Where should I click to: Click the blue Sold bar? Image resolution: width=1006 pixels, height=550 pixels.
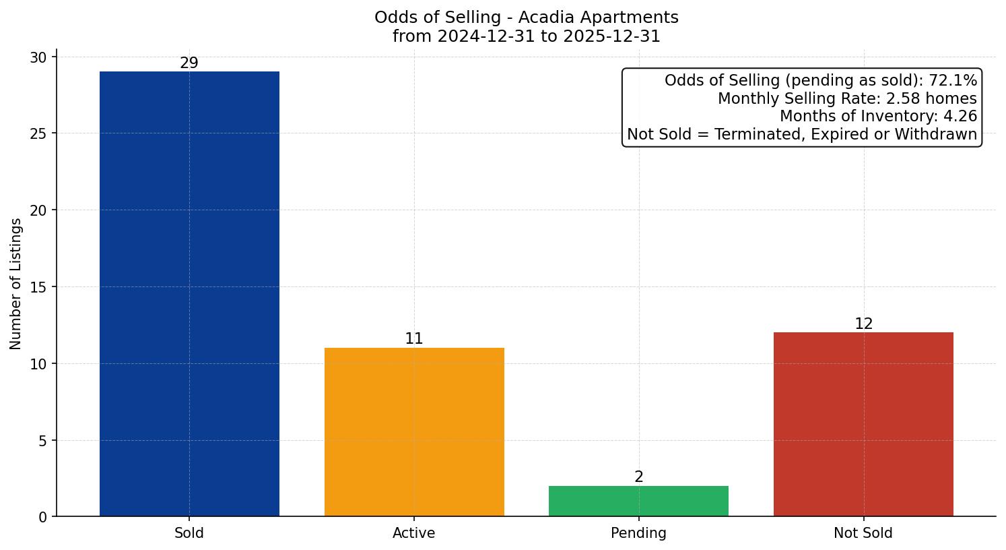point(189,294)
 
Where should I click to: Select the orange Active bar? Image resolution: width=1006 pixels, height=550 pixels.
point(414,432)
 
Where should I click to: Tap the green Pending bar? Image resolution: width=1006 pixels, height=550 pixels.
point(638,501)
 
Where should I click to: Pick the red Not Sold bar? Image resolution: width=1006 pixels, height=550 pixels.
point(863,425)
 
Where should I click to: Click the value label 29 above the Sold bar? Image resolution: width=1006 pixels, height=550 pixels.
point(189,63)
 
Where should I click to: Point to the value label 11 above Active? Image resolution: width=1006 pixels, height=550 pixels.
point(414,339)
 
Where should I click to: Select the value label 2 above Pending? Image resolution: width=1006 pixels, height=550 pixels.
point(638,477)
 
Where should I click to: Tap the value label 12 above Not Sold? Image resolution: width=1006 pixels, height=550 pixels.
point(863,324)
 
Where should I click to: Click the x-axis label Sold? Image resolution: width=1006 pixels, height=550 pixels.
point(189,533)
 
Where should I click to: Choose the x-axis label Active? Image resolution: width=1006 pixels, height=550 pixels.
point(414,533)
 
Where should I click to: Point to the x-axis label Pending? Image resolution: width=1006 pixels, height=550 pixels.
point(638,533)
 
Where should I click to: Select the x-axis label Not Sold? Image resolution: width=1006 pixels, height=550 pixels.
point(863,533)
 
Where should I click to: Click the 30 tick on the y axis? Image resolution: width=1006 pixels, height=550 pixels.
point(38,57)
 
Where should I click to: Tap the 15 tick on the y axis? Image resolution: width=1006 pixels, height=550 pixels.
point(38,287)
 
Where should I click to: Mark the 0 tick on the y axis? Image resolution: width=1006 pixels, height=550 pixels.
point(42,517)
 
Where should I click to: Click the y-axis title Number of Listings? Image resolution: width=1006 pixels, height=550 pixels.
point(16,284)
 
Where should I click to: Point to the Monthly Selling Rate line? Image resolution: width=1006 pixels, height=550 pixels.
point(847,99)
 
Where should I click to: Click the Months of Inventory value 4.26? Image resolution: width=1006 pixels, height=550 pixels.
point(960,117)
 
